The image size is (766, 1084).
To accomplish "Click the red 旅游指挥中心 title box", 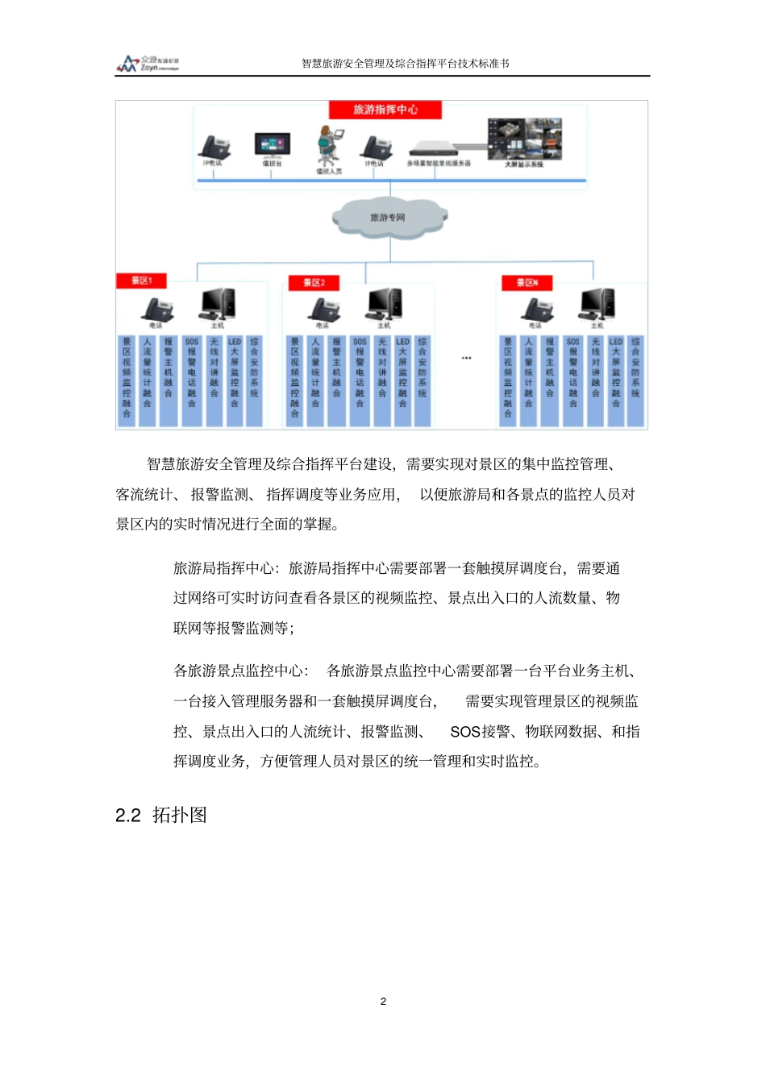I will click(x=385, y=110).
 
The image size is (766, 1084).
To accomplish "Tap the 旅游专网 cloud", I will click(x=389, y=218).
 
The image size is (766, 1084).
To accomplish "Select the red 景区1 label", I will click(x=142, y=280).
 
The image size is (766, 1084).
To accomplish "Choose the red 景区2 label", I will click(x=314, y=283).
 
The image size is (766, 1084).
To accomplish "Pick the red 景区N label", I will click(x=527, y=283).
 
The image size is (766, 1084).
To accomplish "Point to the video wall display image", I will click(x=523, y=139).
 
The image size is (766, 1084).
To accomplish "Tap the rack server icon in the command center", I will click(x=439, y=150).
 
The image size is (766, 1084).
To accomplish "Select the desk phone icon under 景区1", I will click(x=157, y=309).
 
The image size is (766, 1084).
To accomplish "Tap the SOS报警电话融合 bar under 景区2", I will click(x=360, y=380).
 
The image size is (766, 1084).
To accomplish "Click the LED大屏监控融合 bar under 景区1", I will click(x=235, y=380).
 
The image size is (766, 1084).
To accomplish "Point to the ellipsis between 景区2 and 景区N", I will click(x=466, y=358).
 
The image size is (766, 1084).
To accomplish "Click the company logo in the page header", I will click(x=148, y=64).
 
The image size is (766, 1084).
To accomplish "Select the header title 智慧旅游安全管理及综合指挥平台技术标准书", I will click(x=405, y=64).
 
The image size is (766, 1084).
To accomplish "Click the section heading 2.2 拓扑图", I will click(x=161, y=815).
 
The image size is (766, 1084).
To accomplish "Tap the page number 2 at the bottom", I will click(x=383, y=1001).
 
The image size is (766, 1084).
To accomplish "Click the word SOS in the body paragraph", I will click(x=465, y=732).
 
